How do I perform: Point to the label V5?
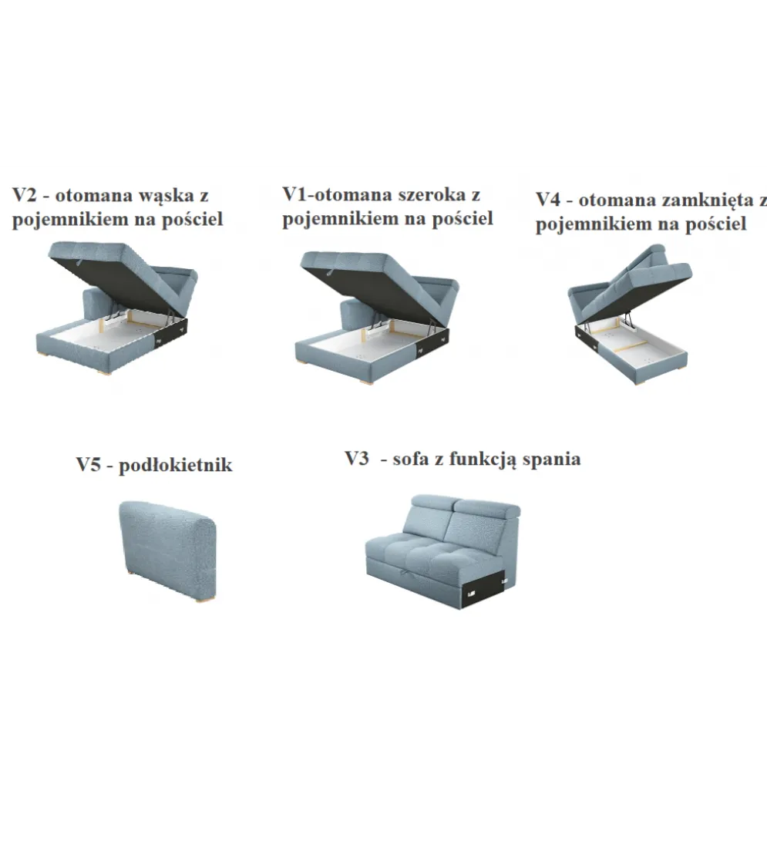coord(88,465)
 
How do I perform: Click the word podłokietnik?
coord(175,465)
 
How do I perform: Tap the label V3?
coord(356,458)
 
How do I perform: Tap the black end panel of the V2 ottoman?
coord(171,332)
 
